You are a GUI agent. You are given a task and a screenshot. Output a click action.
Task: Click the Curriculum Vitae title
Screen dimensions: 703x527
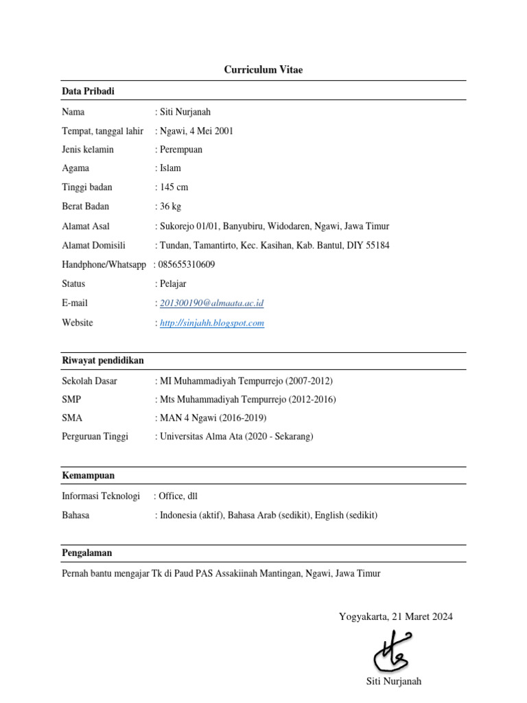tap(263, 70)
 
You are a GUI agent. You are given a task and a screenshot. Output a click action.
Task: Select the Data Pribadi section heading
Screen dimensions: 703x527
tap(88, 91)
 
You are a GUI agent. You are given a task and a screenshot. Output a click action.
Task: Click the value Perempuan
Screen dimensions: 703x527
tap(180, 149)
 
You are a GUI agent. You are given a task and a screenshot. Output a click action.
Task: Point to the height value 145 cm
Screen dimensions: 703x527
tap(174, 187)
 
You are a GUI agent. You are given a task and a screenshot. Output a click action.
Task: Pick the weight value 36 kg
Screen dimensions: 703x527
tap(170, 206)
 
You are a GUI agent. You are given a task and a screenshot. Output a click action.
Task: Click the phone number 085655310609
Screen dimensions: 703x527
tap(187, 264)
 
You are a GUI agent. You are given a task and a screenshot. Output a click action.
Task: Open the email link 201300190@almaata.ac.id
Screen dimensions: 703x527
tap(211, 303)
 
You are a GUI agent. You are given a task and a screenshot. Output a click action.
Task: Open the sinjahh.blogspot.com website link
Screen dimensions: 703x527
tap(211, 323)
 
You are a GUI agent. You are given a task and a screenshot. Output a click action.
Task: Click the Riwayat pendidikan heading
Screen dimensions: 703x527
tap(103, 360)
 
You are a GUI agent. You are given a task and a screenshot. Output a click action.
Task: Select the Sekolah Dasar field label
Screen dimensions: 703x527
tap(89, 381)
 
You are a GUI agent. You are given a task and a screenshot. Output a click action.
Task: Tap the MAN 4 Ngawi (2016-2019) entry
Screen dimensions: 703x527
tap(213, 417)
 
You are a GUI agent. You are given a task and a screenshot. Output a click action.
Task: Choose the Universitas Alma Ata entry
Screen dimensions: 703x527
tap(235, 436)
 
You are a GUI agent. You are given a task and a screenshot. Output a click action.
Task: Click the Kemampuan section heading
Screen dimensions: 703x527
tap(88, 475)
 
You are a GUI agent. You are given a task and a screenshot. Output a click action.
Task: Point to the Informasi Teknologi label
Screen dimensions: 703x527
tap(101, 496)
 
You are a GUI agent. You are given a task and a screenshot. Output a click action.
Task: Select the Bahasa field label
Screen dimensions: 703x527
tap(75, 515)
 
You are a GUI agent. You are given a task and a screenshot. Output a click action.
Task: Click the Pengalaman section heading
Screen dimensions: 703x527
tap(87, 553)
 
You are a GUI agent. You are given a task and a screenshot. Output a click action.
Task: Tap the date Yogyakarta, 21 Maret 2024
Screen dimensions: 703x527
tap(395, 616)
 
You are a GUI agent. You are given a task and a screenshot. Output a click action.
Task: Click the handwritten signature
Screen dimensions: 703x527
tap(393, 652)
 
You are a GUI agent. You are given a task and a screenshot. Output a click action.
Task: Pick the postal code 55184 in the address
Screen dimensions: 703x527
tap(377, 245)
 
